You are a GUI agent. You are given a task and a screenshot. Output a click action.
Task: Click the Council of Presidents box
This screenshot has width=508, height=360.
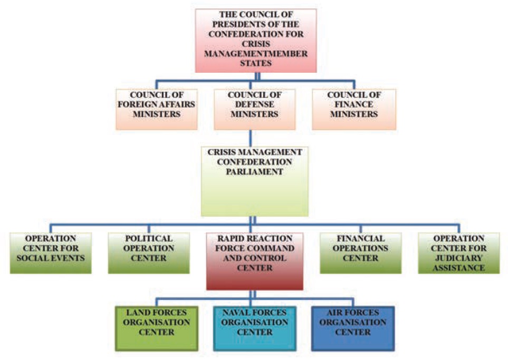pos(255,41)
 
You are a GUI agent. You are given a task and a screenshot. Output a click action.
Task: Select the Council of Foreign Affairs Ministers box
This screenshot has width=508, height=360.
pos(157,109)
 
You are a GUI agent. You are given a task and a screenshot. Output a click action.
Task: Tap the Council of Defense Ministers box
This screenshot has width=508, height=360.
pos(255,109)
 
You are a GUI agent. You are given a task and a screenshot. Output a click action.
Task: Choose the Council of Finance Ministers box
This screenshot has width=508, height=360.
pos(353,109)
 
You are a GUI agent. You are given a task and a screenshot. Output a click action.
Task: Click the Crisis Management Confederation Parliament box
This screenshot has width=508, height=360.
pos(255,181)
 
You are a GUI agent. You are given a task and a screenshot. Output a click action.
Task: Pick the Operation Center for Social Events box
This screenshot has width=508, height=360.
pos(50,253)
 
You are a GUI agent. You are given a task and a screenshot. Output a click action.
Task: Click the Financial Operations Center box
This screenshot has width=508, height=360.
pos(360,253)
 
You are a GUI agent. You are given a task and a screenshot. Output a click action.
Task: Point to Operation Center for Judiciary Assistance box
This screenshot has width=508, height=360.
pos(458,253)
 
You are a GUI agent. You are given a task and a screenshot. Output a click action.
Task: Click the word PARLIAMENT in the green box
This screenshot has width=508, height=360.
pos(255,171)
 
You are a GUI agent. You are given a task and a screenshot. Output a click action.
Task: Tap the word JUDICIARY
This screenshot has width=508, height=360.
pos(458,258)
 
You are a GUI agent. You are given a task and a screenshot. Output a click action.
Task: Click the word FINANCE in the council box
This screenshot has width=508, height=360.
pos(353,104)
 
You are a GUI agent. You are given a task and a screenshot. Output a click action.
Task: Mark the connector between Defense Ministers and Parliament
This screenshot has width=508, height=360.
pos(255,138)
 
